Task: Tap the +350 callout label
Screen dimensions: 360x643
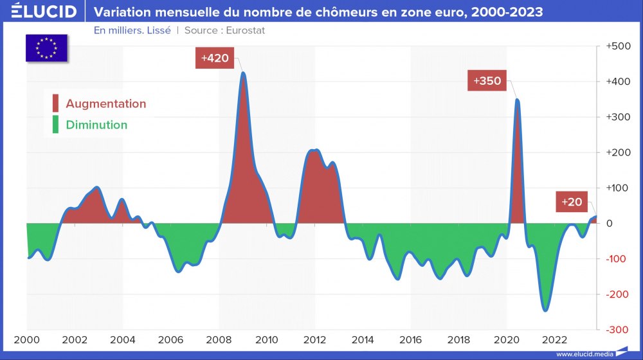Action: (x=487, y=82)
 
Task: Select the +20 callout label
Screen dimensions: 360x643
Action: (x=572, y=202)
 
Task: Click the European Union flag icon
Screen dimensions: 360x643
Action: (x=47, y=47)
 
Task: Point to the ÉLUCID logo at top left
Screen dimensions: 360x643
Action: (x=40, y=12)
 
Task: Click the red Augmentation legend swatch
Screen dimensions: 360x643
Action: (x=55, y=104)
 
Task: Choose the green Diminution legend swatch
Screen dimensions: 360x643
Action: (x=55, y=125)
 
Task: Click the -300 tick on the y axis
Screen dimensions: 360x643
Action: (x=619, y=330)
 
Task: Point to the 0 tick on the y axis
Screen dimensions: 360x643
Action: (x=625, y=224)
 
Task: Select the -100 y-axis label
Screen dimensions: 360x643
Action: (x=619, y=259)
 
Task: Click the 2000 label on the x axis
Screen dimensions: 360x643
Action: (x=27, y=340)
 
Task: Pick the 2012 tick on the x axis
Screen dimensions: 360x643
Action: (x=314, y=340)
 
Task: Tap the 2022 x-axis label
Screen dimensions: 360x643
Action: (x=554, y=340)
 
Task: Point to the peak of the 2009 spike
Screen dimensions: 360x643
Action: (x=243, y=73)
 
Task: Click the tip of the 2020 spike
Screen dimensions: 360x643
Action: (x=517, y=100)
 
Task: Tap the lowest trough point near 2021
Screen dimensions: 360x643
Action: (x=545, y=310)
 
